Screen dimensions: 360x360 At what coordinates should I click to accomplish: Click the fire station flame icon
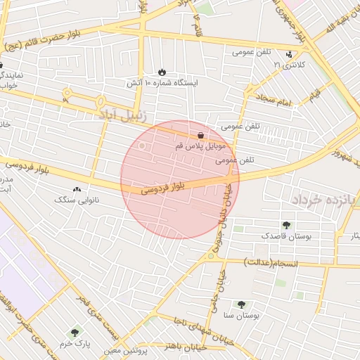163,72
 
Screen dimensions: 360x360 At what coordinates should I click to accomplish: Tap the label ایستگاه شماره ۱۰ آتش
162,83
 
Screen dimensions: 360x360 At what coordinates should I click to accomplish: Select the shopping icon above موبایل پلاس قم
202,135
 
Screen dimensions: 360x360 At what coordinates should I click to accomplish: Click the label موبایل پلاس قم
200,146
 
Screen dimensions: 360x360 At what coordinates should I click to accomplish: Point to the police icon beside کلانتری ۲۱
289,54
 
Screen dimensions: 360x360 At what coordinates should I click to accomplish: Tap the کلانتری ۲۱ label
286,65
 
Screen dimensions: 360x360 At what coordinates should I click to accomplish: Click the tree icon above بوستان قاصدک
286,226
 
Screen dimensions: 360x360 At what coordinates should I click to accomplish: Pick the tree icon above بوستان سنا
241,305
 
